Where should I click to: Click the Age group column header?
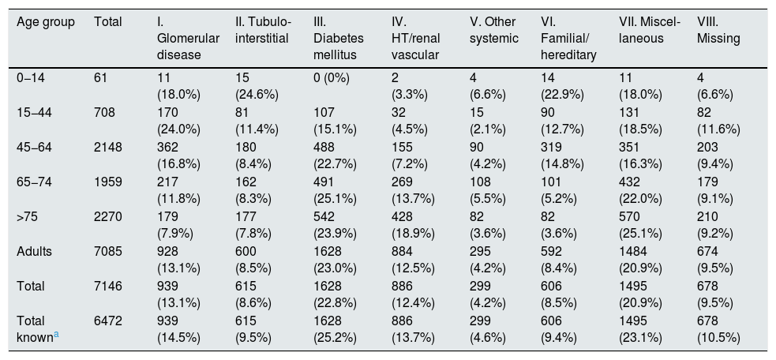coord(46,22)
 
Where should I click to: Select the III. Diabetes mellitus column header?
coord(339,39)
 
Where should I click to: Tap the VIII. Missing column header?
coord(718,30)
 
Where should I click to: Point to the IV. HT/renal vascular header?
coord(415,39)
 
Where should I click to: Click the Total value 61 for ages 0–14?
coord(100,77)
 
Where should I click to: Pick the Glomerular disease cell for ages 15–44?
coord(178,121)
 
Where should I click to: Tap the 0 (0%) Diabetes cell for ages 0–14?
coord(332,78)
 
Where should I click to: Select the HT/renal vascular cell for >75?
coord(413,225)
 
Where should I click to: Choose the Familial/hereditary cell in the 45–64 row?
coord(563,156)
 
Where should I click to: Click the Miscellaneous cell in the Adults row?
coord(640,260)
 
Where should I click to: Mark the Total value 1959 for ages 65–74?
coord(108,182)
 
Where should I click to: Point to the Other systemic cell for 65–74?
coord(488,190)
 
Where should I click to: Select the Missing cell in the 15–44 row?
coord(718,121)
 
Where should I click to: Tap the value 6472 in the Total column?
coord(108,321)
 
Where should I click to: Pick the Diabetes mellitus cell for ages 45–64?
coord(335,156)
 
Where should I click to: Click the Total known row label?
coord(38,329)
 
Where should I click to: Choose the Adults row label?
coord(34,252)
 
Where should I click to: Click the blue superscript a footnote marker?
coord(56,335)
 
